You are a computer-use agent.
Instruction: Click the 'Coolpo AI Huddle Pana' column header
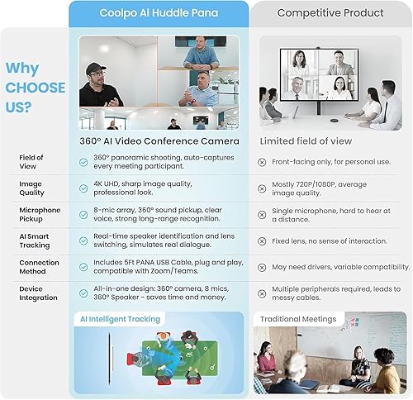tap(159, 13)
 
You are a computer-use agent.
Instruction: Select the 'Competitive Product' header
tap(330, 12)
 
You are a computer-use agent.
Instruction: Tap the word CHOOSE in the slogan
tap(36, 88)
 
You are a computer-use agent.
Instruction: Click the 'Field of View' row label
tap(31, 162)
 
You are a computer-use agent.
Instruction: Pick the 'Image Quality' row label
tap(31, 188)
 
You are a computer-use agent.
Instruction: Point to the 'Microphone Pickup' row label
tap(40, 214)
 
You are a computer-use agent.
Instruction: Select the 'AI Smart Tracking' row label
tap(35, 240)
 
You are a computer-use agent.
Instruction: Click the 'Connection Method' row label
tap(39, 267)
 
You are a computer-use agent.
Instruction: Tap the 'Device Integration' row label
tap(38, 293)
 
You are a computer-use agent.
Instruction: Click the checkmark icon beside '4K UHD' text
tap(83, 188)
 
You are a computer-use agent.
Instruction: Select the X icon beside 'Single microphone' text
tap(262, 215)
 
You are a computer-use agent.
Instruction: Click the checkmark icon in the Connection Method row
tap(83, 267)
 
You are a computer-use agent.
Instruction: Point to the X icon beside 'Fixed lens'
tap(262, 241)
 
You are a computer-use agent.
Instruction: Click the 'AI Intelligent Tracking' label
tap(120, 319)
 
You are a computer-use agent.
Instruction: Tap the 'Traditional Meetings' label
tap(298, 319)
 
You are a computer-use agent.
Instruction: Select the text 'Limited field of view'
tap(306, 141)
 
